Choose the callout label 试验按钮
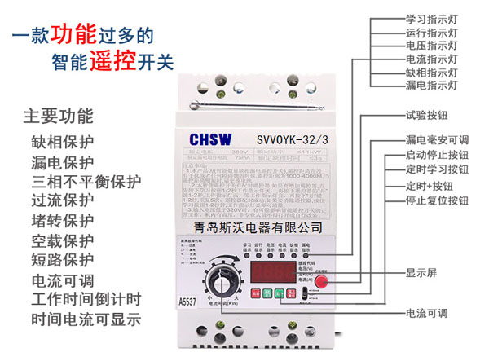427,116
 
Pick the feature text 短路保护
63,260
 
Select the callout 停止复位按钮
437,199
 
